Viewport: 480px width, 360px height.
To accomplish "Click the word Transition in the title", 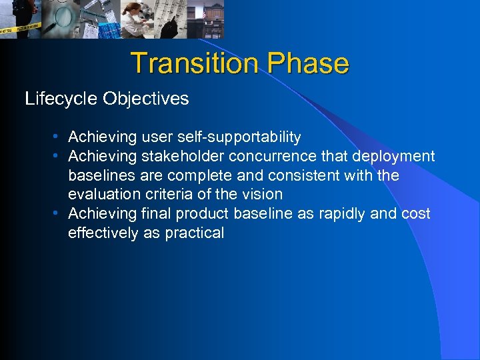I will tap(195, 63).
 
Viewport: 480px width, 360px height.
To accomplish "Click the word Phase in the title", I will tap(308, 63).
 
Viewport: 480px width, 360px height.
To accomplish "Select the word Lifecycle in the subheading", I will tap(61, 99).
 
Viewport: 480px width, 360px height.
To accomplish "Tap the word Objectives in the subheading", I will tap(146, 99).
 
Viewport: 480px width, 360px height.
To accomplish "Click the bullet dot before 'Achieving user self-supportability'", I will tap(58, 137).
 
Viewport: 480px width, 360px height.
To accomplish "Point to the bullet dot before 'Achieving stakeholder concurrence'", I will tap(58, 156).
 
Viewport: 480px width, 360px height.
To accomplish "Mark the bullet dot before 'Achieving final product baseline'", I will tap(58, 213).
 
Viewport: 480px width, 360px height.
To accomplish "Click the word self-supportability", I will tap(240, 137).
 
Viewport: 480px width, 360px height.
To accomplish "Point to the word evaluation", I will tap(102, 195).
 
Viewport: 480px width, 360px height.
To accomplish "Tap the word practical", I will tap(194, 233).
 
